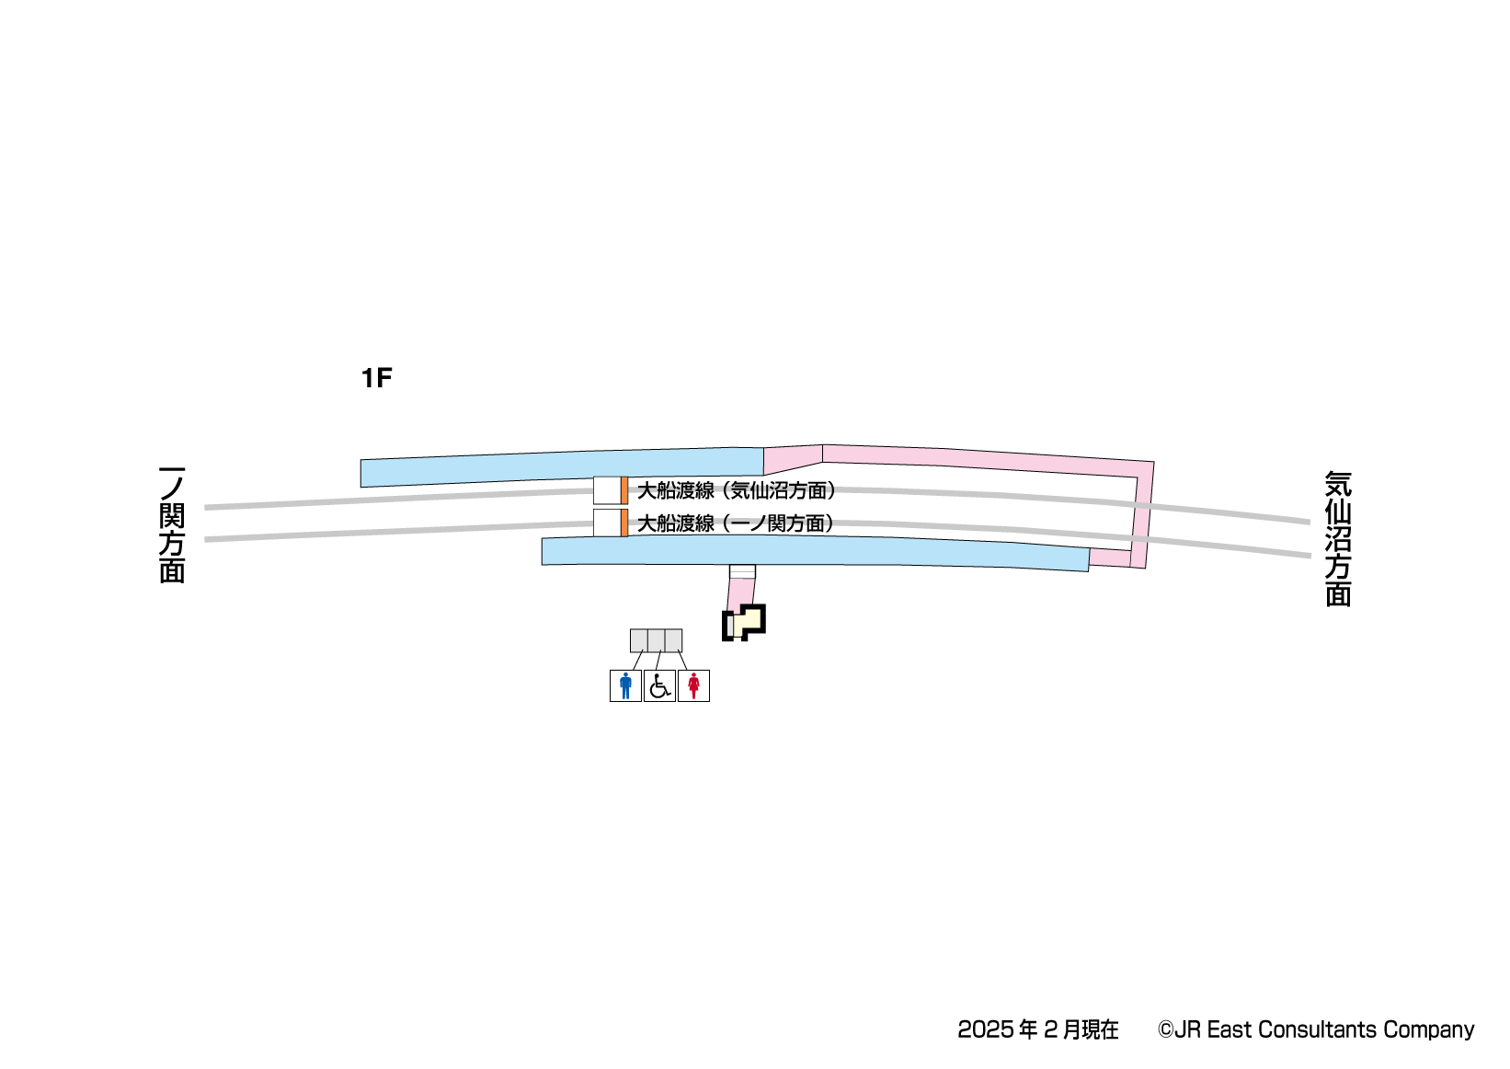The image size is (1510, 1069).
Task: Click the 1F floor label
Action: click(x=376, y=378)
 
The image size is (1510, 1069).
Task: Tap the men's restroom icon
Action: click(x=625, y=686)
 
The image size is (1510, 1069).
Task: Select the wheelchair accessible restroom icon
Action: click(x=660, y=686)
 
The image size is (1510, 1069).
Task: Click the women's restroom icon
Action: click(x=693, y=686)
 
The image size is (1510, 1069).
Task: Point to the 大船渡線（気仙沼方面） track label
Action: click(x=737, y=491)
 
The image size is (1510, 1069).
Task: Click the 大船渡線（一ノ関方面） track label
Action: click(x=736, y=523)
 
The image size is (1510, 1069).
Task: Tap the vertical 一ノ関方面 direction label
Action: click(x=172, y=524)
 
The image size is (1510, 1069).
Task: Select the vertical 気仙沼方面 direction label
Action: click(x=1338, y=539)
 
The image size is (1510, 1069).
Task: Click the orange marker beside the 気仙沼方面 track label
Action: click(x=624, y=490)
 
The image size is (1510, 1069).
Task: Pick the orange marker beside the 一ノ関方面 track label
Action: click(x=624, y=523)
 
